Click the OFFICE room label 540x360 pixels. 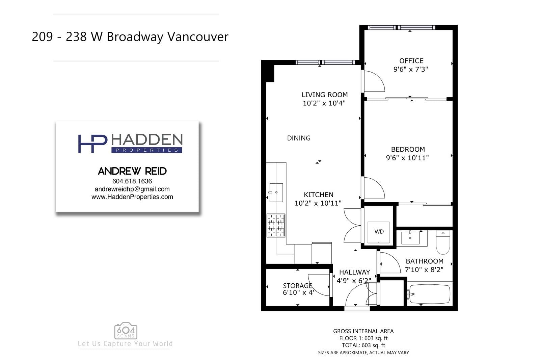411,61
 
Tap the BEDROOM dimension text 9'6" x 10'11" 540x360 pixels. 407,158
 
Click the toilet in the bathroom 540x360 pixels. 443,242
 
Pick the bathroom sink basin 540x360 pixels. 410,238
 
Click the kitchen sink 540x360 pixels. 276,192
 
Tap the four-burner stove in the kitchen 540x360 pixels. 276,225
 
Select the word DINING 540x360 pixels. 299,138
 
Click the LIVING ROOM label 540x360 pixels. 324,95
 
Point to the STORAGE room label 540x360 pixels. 297,286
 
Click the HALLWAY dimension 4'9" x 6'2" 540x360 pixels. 354,281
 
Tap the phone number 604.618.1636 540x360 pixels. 132,181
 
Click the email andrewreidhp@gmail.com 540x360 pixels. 132,189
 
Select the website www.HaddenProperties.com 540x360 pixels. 132,197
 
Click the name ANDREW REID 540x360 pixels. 132,171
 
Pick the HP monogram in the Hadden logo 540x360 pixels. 92,144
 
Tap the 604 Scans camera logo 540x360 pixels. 126,331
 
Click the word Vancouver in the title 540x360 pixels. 198,37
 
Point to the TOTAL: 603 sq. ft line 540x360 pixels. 363,345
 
